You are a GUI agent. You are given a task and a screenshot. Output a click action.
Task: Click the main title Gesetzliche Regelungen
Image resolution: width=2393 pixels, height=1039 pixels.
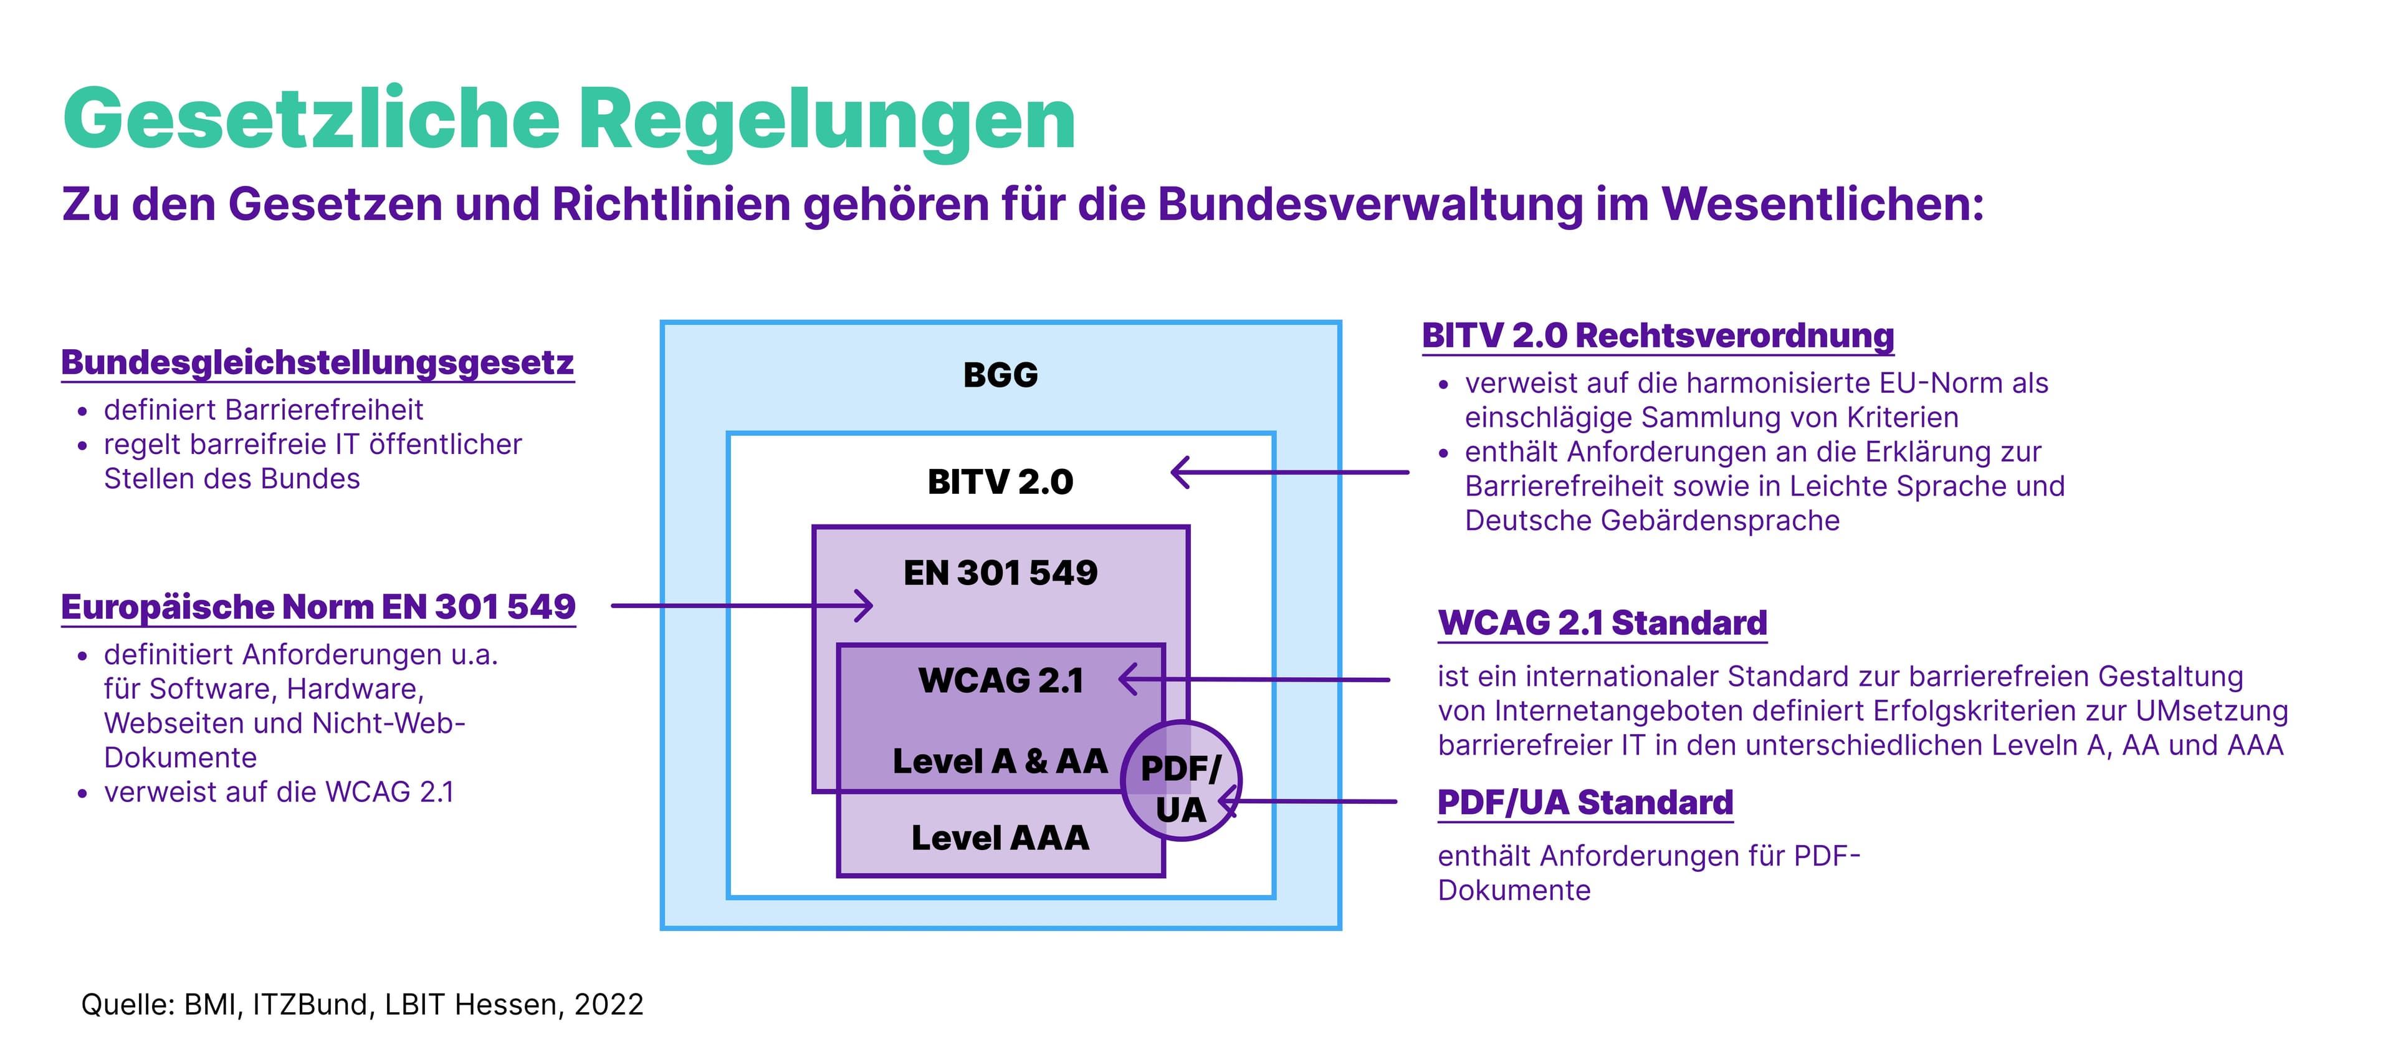(x=568, y=119)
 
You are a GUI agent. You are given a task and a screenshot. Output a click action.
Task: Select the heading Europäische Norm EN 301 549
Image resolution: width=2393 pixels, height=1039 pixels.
(x=318, y=607)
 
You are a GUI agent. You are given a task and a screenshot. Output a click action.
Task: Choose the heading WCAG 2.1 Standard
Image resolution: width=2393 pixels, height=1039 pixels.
(x=1602, y=622)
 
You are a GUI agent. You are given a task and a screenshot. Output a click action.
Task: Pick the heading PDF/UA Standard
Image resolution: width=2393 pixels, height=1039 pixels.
(x=1585, y=802)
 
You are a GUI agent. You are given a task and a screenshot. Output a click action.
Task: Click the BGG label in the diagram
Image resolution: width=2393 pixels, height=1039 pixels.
(x=1000, y=375)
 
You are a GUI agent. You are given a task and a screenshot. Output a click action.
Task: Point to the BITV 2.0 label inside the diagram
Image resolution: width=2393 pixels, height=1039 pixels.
(x=1000, y=481)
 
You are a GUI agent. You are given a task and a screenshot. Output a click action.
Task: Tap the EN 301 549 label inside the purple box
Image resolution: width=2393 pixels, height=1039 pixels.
(x=1000, y=573)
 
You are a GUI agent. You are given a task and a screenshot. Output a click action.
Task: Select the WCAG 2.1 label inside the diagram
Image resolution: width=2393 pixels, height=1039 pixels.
(x=1000, y=680)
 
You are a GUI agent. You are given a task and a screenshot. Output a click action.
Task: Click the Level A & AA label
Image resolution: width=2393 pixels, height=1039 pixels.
(x=1000, y=761)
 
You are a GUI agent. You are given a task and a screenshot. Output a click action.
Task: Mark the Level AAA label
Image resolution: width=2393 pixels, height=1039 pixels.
(x=1000, y=838)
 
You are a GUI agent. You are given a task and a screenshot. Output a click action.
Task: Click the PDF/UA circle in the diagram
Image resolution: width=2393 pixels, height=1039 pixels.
(x=1181, y=781)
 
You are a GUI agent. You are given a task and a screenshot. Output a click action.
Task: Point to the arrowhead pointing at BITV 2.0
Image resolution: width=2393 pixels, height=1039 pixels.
(x=1178, y=472)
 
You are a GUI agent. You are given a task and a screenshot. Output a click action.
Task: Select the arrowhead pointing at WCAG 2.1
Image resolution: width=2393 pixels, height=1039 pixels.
(x=1126, y=679)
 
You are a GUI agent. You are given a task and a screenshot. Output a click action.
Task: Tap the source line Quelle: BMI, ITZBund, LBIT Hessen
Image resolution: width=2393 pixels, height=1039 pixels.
(x=362, y=1005)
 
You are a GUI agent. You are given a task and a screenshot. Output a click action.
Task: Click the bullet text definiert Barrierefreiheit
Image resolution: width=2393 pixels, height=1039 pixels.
(x=263, y=410)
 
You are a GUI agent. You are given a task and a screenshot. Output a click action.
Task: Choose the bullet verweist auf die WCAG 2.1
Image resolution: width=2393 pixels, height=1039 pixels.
(x=279, y=792)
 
